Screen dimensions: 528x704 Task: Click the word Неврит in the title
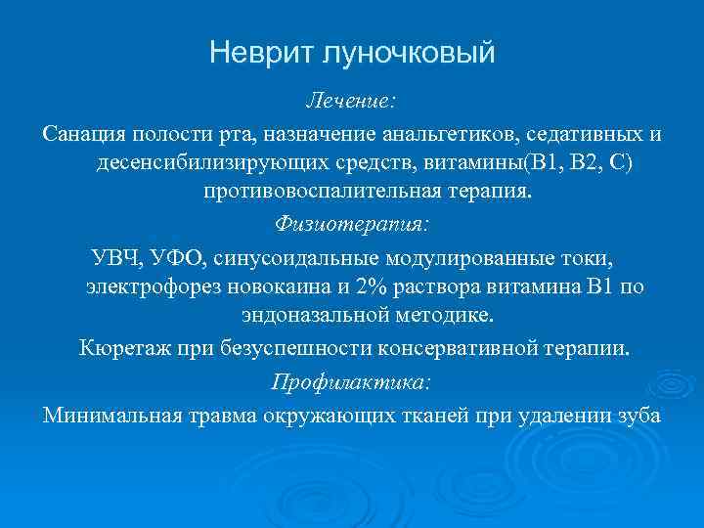pyautogui.click(x=257, y=52)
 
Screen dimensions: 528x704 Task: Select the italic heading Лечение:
pyautogui.click(x=352, y=101)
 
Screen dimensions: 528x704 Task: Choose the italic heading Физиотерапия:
pyautogui.click(x=352, y=223)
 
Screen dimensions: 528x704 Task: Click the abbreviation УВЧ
pyautogui.click(x=115, y=257)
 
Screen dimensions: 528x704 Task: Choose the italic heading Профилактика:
pyautogui.click(x=352, y=380)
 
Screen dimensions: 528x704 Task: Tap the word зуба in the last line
pyautogui.click(x=638, y=414)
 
